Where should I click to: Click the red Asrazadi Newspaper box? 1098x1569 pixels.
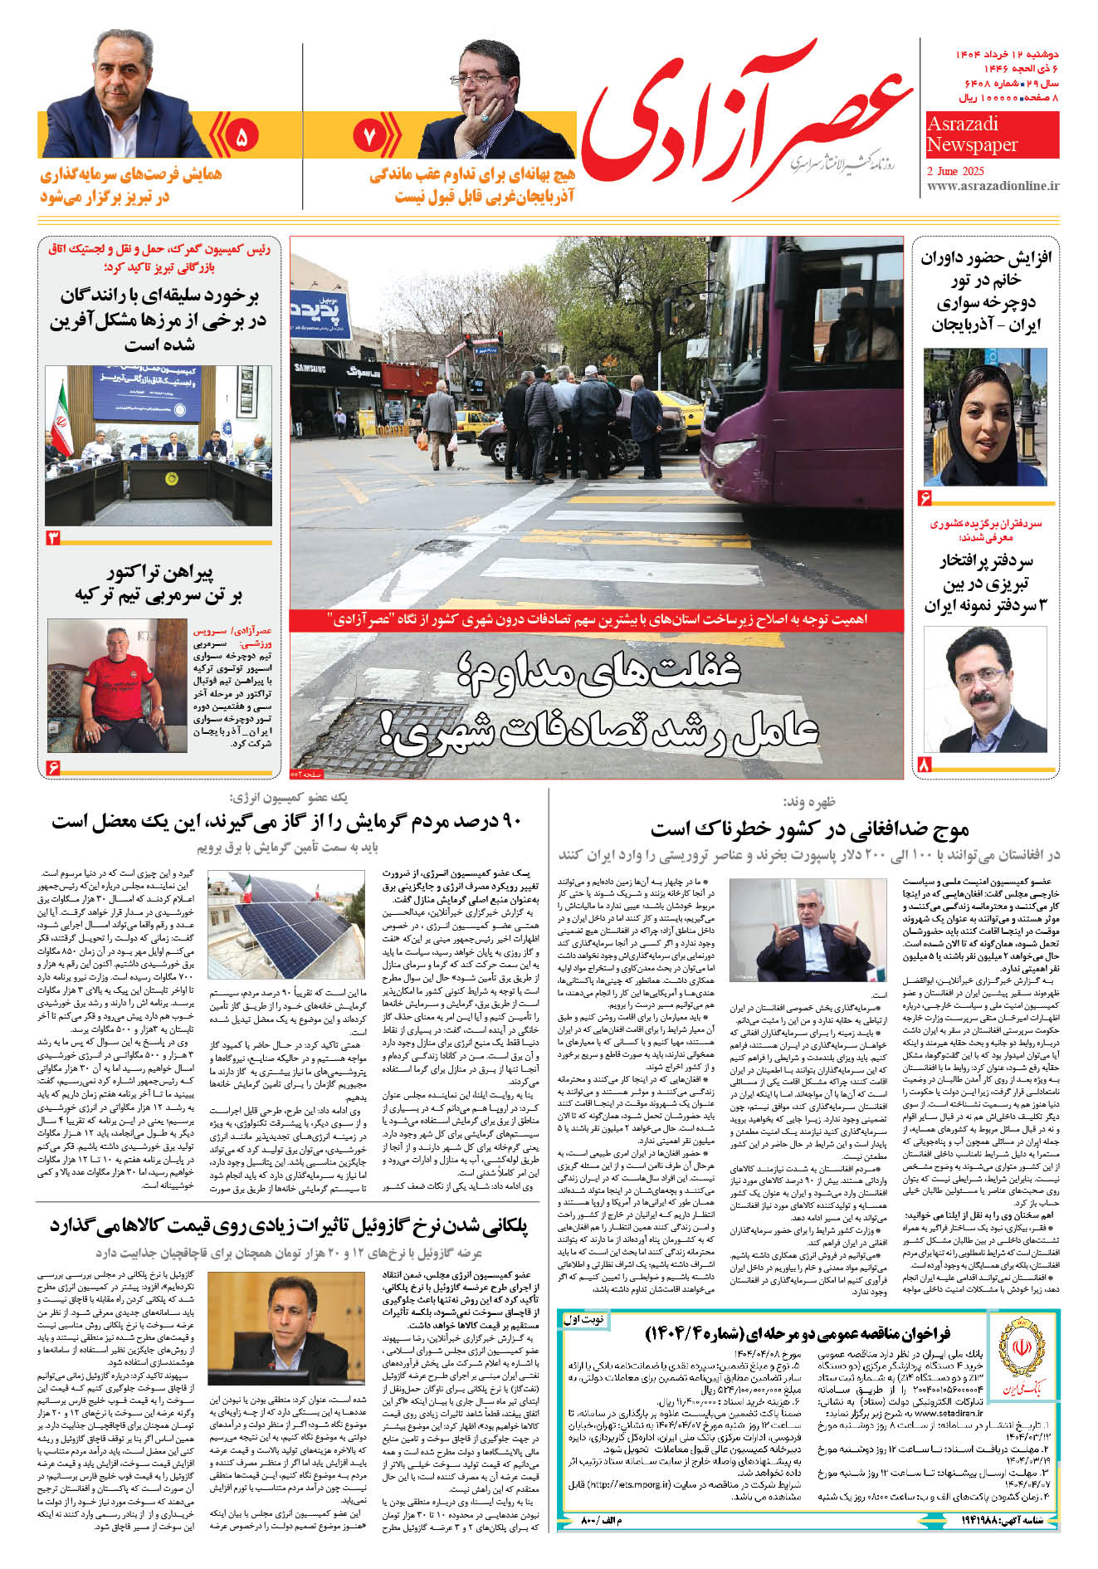click(x=992, y=135)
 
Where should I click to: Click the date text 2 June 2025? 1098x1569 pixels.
click(x=954, y=171)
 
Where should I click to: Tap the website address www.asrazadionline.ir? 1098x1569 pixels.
click(x=993, y=187)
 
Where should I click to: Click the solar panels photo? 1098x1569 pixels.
click(x=286, y=924)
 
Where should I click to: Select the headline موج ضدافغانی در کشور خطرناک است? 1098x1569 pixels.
click(x=809, y=828)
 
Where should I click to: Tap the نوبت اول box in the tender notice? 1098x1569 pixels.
click(x=584, y=1319)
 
